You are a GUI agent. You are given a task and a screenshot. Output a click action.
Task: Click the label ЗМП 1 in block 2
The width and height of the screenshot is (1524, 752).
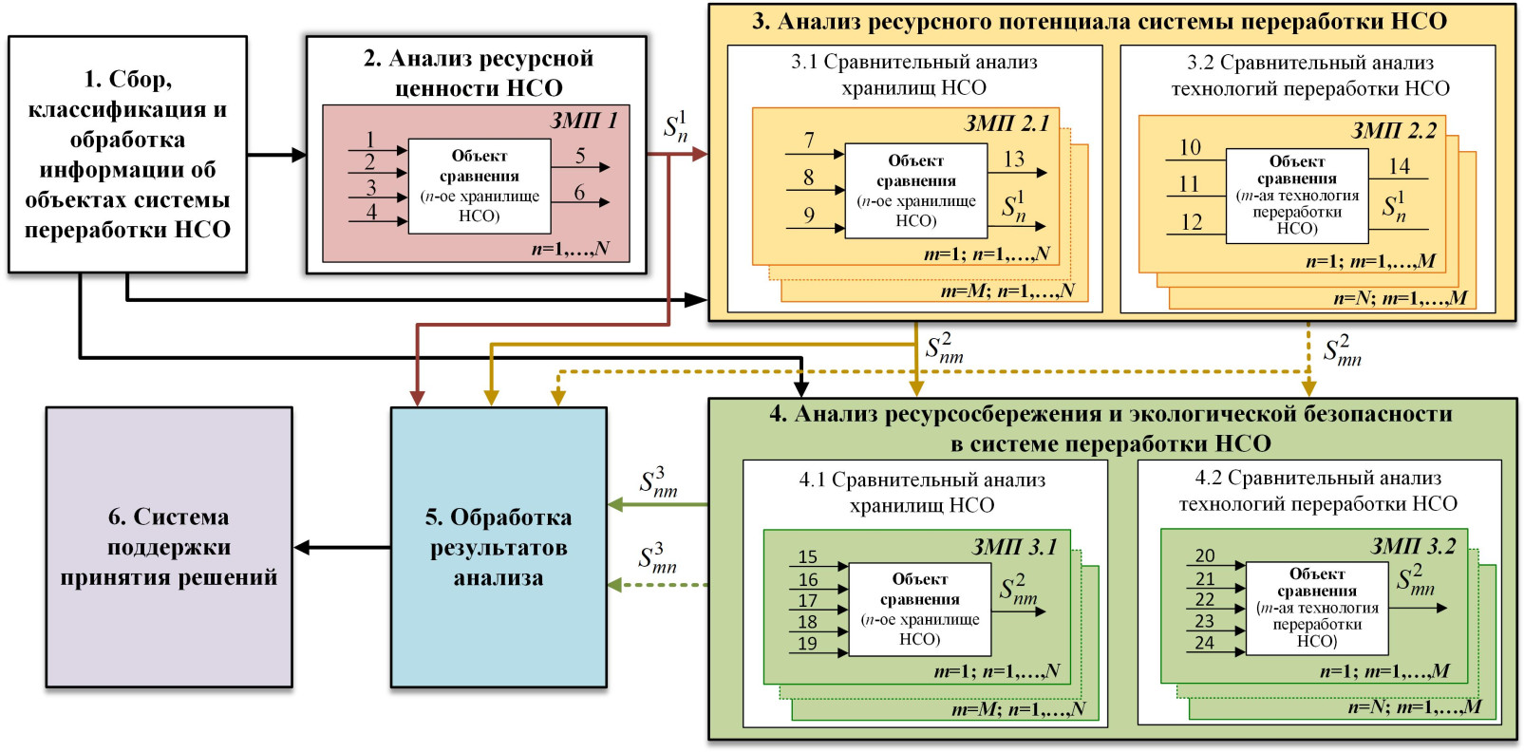584,121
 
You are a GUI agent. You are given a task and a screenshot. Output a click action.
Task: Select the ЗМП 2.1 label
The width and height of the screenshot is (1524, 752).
1007,123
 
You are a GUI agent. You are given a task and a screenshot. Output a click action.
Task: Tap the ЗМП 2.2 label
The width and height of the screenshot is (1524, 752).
1393,131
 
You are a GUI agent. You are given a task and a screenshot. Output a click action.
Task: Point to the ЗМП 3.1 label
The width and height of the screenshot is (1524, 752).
1014,547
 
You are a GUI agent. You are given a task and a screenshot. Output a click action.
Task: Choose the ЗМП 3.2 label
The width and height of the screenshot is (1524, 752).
1413,546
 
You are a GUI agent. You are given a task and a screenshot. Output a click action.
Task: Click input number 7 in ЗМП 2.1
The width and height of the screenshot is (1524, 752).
809,141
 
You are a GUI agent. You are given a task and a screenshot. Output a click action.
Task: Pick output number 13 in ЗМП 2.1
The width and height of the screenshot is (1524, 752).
1014,160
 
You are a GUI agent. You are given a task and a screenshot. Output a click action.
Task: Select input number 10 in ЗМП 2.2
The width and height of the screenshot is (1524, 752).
1190,147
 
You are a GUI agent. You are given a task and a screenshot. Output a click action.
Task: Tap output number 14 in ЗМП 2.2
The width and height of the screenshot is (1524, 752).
1399,166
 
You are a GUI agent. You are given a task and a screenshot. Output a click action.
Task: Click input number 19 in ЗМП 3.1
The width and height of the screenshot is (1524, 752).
807,644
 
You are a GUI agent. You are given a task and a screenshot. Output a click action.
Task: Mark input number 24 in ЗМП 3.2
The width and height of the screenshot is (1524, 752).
1204,643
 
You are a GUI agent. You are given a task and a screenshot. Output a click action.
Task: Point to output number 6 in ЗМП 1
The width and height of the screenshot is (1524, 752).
579,193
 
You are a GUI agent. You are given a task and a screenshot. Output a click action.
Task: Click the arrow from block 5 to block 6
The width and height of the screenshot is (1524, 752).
342,548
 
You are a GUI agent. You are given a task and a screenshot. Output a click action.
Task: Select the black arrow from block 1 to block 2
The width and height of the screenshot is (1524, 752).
276,155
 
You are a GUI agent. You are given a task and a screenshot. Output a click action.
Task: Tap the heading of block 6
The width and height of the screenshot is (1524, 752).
169,547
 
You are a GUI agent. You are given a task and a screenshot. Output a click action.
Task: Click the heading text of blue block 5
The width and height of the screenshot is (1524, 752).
499,547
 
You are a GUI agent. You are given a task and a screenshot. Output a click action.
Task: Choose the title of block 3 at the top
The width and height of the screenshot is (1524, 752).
1099,22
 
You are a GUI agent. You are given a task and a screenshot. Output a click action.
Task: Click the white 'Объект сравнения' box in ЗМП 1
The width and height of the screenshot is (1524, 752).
480,186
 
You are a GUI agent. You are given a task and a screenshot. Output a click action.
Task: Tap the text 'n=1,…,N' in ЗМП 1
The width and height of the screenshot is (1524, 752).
570,250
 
